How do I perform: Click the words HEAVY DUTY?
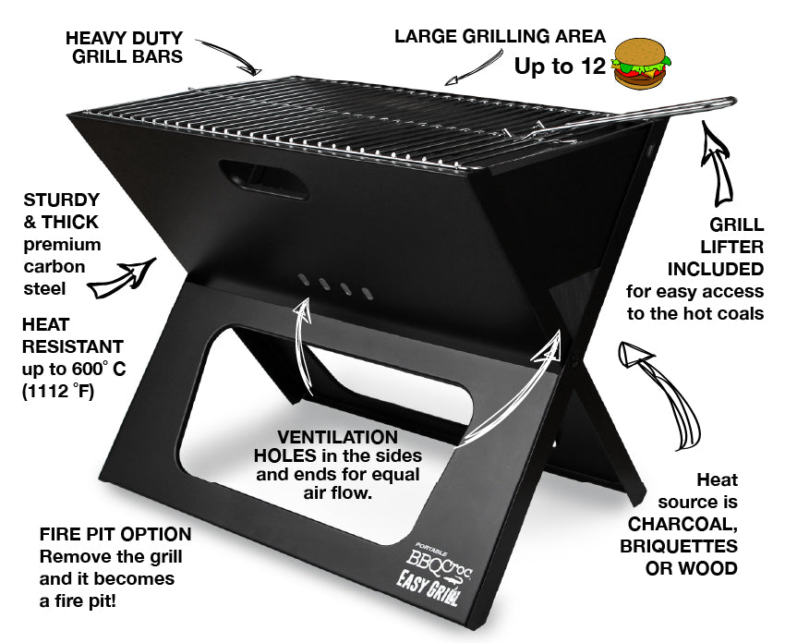[x=125, y=39]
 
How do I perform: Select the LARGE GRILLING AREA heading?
[x=500, y=37]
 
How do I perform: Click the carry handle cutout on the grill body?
[x=252, y=173]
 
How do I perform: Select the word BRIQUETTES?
[x=678, y=545]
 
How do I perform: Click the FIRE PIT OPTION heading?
[x=115, y=534]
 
